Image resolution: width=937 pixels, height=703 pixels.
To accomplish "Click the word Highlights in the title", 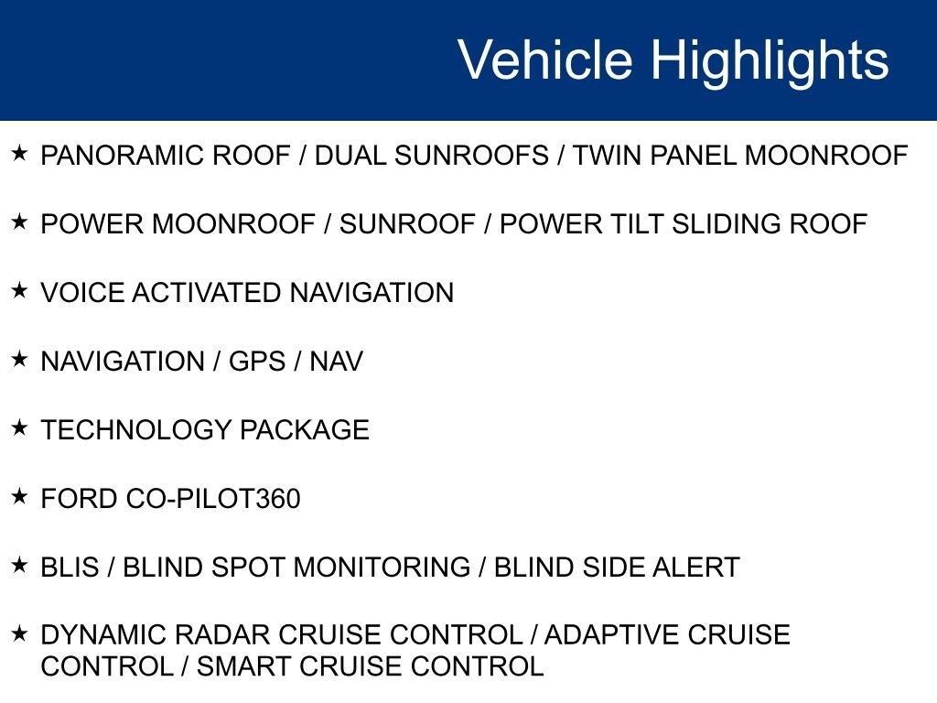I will pos(770,60).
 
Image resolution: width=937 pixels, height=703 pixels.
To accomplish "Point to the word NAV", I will pos(336,362).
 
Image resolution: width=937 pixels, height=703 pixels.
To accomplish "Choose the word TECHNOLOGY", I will pos(136,430).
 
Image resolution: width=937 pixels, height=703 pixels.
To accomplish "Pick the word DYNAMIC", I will pos(95,635).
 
